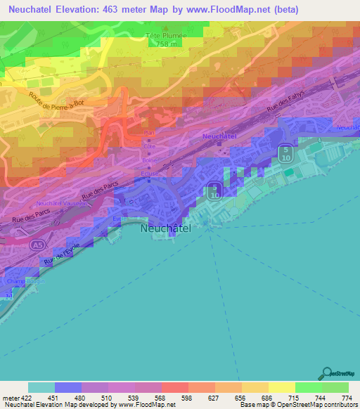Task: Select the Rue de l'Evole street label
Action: click(67, 255)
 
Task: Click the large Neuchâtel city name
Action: click(166, 228)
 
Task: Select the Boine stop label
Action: click(150, 160)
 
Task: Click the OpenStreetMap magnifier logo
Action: click(326, 374)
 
